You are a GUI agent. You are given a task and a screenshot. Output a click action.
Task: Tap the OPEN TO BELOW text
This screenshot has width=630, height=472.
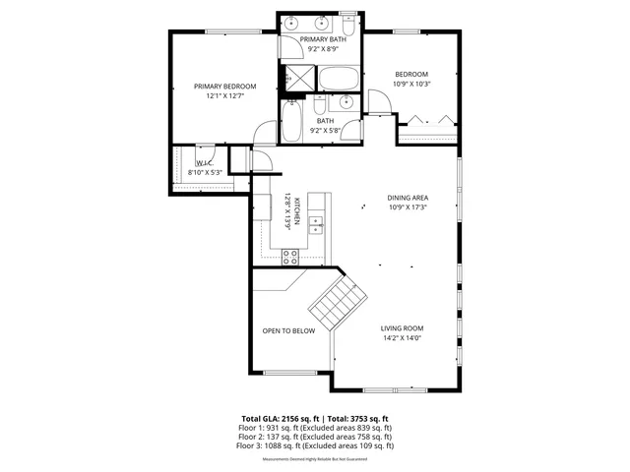pos(288,330)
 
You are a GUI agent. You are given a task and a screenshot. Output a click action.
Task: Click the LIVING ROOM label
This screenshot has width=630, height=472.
pos(402,328)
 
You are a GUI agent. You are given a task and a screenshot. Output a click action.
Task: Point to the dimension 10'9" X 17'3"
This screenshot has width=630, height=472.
pos(408,207)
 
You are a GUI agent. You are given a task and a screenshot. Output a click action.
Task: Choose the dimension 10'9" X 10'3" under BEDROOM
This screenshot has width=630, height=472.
pos(411,84)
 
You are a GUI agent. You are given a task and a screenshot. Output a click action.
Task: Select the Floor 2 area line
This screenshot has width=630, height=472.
pos(314,437)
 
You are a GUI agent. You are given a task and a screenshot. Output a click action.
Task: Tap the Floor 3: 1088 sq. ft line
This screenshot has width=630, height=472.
pos(314,445)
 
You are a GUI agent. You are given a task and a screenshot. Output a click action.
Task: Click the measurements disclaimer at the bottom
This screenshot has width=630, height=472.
pos(314,458)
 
